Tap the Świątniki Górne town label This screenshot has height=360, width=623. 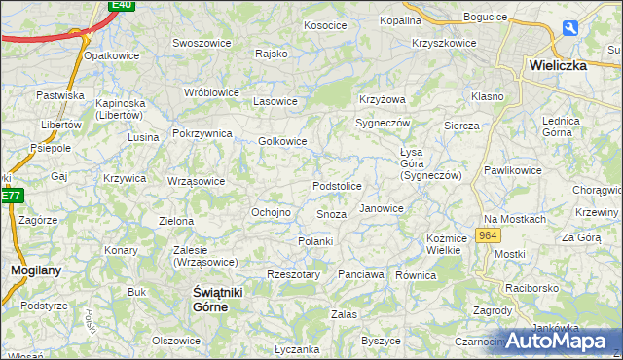click(x=210, y=300)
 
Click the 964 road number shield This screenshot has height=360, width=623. click(x=489, y=236)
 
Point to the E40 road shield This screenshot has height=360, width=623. click(x=122, y=5)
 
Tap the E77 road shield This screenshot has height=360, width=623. click(x=11, y=196)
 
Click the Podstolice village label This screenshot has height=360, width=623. click(x=337, y=186)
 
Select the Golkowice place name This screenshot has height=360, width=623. click(x=282, y=141)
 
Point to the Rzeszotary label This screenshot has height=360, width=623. click(x=293, y=275)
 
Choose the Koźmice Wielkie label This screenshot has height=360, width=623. click(x=443, y=244)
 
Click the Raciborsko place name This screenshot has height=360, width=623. click(x=531, y=288)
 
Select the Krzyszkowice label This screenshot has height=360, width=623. click(x=444, y=43)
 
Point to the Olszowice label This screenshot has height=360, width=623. click(x=176, y=341)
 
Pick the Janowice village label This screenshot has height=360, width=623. click(x=381, y=208)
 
